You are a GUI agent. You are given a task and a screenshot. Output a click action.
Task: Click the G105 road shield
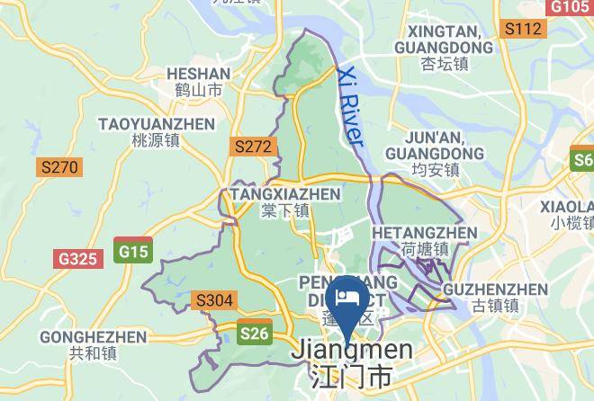570,6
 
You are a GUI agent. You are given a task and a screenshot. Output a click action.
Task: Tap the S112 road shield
524,29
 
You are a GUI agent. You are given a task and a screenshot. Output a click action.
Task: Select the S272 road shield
253,146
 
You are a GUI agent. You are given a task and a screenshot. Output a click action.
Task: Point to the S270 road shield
59,167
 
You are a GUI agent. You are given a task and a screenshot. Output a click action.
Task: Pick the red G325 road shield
77,259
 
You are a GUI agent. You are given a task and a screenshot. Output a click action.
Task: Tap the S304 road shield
214,300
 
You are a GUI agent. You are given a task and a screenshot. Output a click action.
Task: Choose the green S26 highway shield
255,334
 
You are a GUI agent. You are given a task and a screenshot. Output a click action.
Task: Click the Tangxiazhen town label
285,201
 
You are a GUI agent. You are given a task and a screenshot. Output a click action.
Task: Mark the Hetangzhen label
424,240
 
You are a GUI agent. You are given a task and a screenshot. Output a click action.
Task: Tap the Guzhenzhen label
496,297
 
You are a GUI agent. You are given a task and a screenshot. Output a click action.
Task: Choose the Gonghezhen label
93,345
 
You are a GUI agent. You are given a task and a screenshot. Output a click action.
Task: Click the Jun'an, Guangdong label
435,153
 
